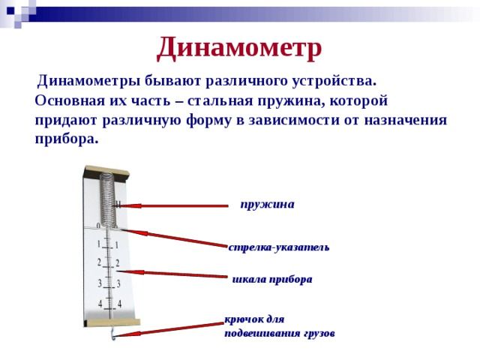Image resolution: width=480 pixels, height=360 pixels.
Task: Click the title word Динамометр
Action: coord(239,48)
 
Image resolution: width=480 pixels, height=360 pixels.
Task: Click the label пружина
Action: coord(267,204)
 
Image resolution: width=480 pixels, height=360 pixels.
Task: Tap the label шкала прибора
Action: coord(272,279)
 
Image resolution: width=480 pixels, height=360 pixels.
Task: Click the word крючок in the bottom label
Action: coord(242,318)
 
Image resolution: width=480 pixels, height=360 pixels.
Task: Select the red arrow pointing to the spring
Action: coord(172,205)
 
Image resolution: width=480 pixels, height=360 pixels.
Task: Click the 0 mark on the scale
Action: coord(98,226)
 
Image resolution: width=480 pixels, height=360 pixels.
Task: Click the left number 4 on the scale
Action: coord(100,304)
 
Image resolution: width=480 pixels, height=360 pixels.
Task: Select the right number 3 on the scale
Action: coord(118,283)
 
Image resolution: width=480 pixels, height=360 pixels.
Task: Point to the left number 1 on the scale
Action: coord(98,244)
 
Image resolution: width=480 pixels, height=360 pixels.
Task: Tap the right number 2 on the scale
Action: coord(118,263)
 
